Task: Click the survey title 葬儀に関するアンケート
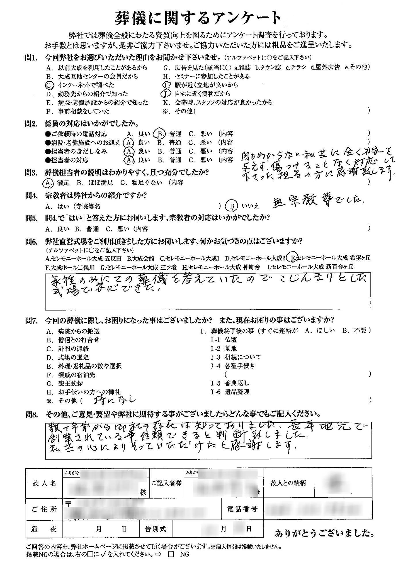pos(198,18)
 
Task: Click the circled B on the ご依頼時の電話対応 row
pos(159,134)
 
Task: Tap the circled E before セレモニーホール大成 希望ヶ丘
pos(293,258)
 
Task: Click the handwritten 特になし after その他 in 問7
pos(114,400)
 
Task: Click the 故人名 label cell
pos(44,484)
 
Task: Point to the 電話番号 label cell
pos(242,509)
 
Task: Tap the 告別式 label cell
pos(155,529)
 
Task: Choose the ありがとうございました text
pos(325,534)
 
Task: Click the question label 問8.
pos(31,415)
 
